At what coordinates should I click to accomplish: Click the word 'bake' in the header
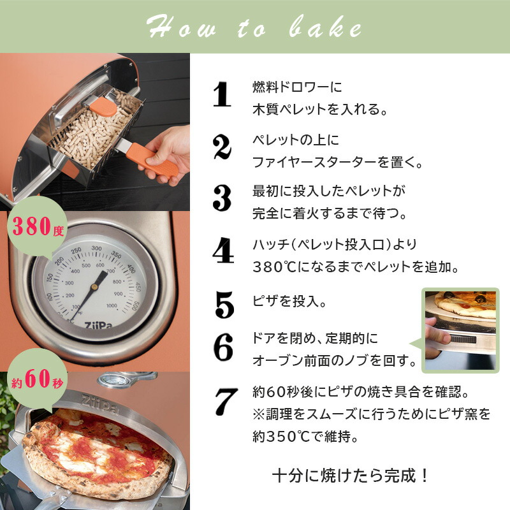coord(325,27)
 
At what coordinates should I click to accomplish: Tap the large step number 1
coord(222,94)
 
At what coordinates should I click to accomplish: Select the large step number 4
coord(223,250)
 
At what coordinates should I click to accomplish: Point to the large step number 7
coord(226,402)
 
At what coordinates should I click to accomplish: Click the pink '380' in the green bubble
coord(32,226)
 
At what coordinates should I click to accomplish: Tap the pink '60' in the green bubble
coord(38,378)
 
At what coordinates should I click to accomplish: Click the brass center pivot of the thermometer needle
coord(94,286)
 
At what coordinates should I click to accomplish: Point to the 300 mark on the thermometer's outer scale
coord(97,248)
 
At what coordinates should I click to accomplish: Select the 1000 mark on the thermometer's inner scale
coord(112,305)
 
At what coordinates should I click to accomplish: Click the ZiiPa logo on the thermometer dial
coord(99,325)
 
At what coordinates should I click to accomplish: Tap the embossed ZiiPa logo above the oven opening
coord(100,404)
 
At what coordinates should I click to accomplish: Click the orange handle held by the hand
coord(152,161)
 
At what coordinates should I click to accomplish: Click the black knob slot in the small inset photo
coord(463,340)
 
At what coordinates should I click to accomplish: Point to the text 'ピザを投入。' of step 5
coord(289,301)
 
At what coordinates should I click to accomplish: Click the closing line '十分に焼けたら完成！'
coord(350,476)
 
